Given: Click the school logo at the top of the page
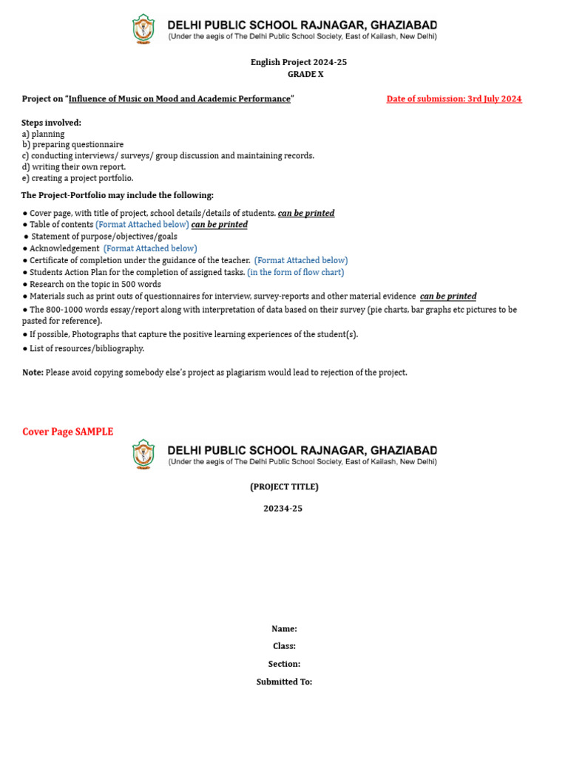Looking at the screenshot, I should (x=143, y=30).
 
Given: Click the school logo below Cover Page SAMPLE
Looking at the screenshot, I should (x=143, y=455).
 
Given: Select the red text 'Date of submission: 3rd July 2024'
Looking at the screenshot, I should (x=453, y=99).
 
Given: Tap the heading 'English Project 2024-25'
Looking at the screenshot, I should (x=298, y=62).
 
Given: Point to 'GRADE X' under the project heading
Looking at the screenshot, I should (x=305, y=74).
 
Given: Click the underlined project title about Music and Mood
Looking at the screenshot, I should (x=180, y=99).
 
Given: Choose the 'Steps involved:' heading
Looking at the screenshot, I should (x=52, y=123).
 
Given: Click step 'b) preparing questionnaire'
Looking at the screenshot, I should (x=72, y=145).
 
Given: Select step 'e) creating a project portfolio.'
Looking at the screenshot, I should (x=78, y=178).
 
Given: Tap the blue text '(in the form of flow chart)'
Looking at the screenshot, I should (x=295, y=272).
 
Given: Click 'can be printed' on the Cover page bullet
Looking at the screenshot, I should (x=306, y=213).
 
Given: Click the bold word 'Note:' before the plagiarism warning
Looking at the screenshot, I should (x=33, y=373).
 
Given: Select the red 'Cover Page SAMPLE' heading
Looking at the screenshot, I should (x=67, y=432).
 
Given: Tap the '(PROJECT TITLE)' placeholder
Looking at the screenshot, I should (x=284, y=486).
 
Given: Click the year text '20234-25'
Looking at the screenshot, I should (x=283, y=509).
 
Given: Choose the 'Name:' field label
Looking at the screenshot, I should (x=284, y=629).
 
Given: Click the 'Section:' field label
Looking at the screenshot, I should (x=284, y=664).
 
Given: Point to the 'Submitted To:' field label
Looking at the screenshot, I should (x=284, y=682).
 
